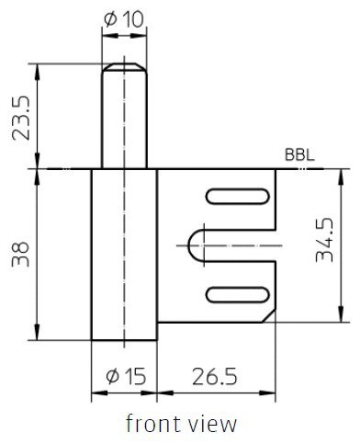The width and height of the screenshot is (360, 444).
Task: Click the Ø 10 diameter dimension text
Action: [x=124, y=20]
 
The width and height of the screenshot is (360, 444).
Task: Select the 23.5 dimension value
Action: [x=21, y=118]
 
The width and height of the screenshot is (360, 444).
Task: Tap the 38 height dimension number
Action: [x=21, y=255]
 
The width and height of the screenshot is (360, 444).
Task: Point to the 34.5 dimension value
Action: [x=324, y=240]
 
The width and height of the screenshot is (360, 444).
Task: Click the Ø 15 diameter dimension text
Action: [x=126, y=376]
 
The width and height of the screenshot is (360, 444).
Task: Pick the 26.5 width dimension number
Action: [x=215, y=376]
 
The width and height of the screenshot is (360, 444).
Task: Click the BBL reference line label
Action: [x=299, y=155]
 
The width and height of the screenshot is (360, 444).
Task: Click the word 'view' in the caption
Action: [x=211, y=424]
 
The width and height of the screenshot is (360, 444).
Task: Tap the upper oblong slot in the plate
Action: [x=238, y=197]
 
